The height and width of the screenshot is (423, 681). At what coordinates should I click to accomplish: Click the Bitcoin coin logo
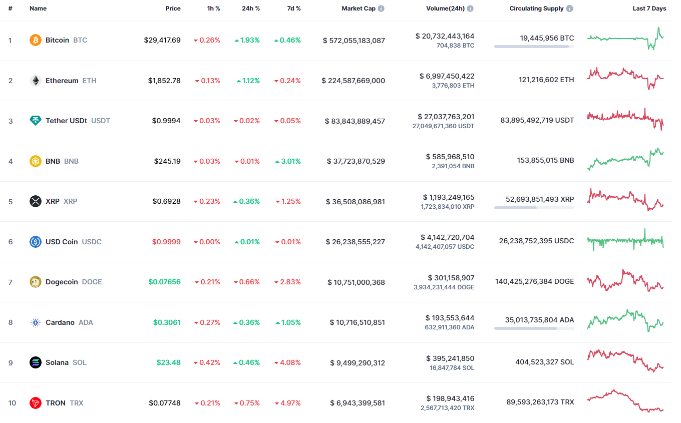tap(36, 40)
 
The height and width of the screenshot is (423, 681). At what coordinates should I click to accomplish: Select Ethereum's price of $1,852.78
tap(164, 81)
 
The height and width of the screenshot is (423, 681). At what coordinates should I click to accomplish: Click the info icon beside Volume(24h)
tap(470, 9)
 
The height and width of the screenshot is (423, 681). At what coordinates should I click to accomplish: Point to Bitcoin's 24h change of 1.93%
tap(247, 40)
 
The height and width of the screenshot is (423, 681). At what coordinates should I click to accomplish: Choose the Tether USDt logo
tap(36, 121)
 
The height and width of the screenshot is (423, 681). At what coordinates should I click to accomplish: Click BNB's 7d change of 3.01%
tap(288, 161)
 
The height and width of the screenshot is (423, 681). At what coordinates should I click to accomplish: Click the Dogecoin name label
tap(62, 282)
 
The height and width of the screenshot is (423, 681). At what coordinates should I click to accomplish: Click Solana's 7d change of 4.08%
tap(288, 362)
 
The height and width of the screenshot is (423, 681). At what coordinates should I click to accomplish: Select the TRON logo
tap(36, 403)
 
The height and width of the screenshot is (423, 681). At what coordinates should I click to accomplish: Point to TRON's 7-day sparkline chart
tap(625, 401)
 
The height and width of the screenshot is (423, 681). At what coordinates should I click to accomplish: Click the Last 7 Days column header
tap(649, 9)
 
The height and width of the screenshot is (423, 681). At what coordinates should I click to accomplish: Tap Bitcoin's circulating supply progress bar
tap(534, 47)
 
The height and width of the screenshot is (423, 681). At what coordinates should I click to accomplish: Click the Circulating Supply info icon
tap(570, 9)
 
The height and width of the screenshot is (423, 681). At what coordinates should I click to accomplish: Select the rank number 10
tap(12, 403)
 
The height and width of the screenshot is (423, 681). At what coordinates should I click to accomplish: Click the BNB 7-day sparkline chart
tap(625, 159)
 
